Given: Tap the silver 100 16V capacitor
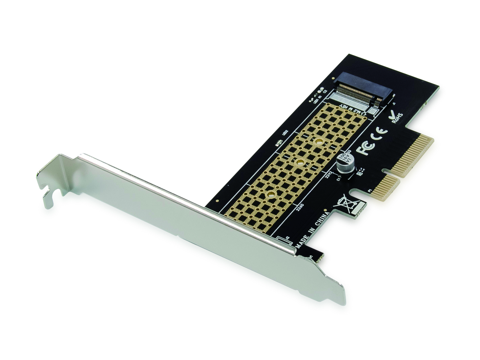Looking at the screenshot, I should click(x=345, y=163).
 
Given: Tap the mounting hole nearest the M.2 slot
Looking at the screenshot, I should click(x=319, y=142).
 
